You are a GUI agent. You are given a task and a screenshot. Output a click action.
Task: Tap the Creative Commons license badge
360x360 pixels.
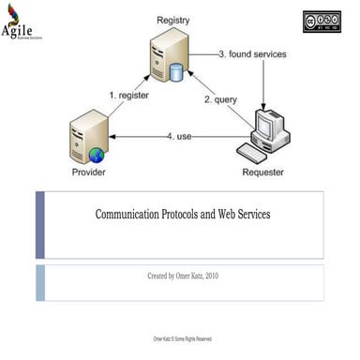321,22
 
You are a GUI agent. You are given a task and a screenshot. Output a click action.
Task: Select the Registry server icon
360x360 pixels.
166,57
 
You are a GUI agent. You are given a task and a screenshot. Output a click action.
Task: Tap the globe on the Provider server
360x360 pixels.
97,154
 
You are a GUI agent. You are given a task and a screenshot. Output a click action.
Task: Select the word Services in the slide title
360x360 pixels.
249,215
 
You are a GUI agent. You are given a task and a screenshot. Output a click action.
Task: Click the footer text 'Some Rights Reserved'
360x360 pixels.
191,339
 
